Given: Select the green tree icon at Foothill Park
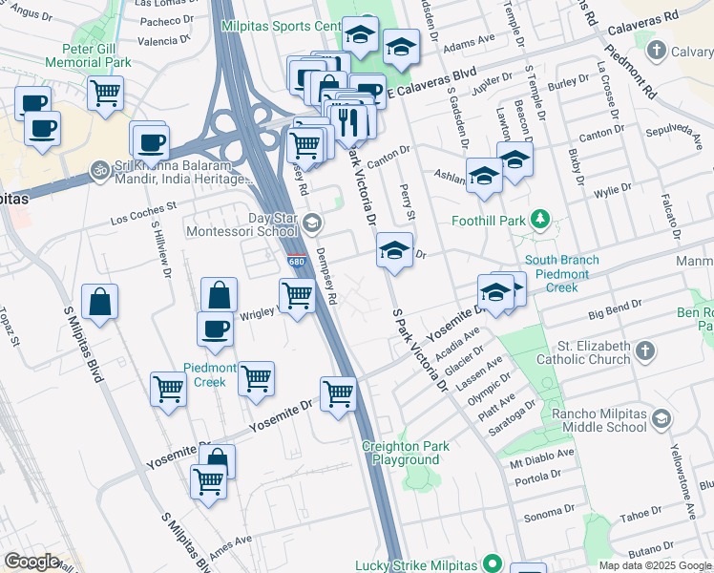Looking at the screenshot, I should click(540, 221).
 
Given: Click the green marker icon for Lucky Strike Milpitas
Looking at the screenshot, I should click(492, 564).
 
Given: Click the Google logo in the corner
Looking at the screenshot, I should click(31, 561).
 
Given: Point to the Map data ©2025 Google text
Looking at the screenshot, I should click(655, 565).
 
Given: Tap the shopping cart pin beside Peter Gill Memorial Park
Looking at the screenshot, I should click(105, 94).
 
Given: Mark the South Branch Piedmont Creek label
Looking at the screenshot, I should click(561, 273).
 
